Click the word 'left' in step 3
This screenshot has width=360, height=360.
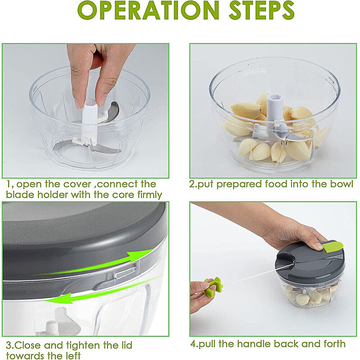point(70,356)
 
